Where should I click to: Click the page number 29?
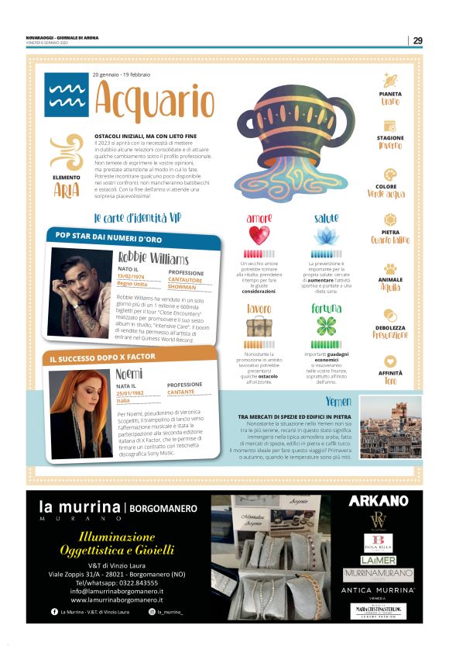point(417,40)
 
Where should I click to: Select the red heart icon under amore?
point(259,235)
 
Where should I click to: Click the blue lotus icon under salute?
point(326,236)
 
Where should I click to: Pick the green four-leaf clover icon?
point(326,326)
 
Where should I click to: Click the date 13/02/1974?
point(132,276)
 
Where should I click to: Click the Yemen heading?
point(338,401)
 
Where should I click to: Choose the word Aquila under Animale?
point(390,287)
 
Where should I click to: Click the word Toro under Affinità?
point(390,381)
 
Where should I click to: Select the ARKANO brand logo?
point(379,501)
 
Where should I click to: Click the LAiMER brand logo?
point(379,560)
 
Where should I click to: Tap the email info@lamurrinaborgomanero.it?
point(116,590)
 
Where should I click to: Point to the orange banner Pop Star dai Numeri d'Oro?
point(108,237)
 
